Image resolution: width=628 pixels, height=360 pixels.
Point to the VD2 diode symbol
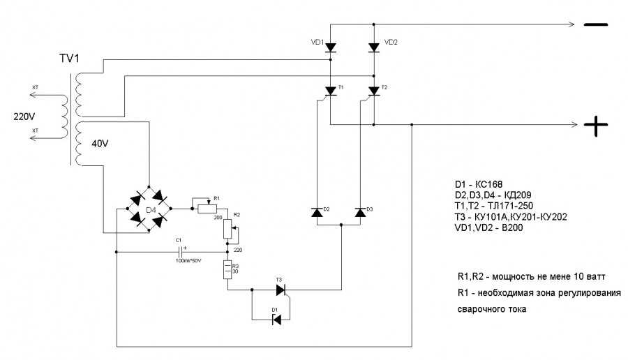coord(374,47)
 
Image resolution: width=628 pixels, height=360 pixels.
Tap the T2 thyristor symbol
coord(374,91)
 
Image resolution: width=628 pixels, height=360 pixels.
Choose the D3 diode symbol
coord(360,212)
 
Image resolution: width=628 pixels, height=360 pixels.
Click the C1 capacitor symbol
coord(183,251)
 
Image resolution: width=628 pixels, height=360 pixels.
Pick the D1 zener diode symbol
coord(276,320)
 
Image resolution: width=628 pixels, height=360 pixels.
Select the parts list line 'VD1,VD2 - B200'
coord(491,228)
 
